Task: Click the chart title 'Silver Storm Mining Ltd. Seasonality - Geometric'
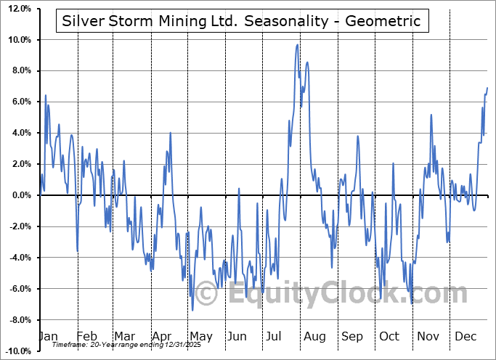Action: point(242,21)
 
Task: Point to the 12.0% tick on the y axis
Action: point(20,9)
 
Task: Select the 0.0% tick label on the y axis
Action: point(22,195)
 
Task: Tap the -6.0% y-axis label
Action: point(20,289)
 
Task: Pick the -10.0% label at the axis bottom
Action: point(19,351)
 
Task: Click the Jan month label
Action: point(47,337)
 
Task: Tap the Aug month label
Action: point(314,337)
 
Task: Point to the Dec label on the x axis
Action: point(465,337)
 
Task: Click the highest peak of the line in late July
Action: point(298,45)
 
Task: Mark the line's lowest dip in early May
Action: point(192,310)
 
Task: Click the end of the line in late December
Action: point(487,88)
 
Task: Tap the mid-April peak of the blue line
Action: point(170,133)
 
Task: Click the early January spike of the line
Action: point(45,95)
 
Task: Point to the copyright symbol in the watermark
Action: point(207,295)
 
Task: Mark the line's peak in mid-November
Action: point(431,115)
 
